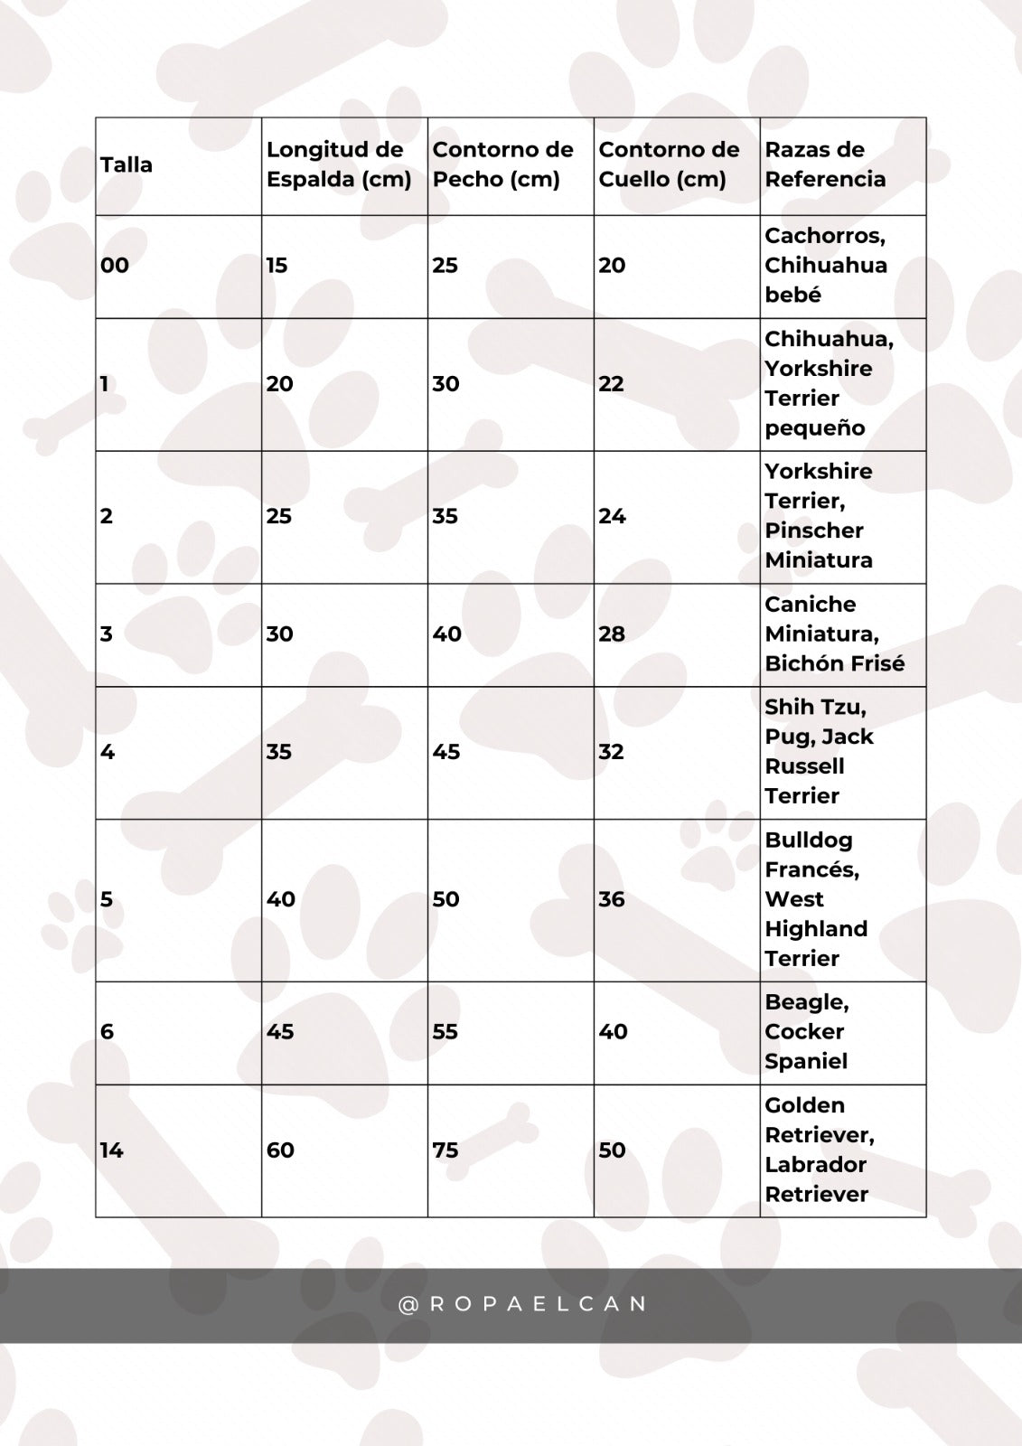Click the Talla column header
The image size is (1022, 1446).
click(x=127, y=165)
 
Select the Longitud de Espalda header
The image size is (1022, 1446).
click(x=339, y=164)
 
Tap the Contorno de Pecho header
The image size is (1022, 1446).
click(x=502, y=164)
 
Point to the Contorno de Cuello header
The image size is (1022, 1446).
click(x=669, y=164)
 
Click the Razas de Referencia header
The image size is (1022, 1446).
click(x=825, y=164)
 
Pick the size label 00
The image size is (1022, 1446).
click(x=115, y=266)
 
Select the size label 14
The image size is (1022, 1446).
click(x=112, y=1150)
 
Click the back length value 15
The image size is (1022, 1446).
click(x=277, y=266)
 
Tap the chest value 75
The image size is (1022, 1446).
click(x=445, y=1150)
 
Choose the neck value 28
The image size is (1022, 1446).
click(x=612, y=634)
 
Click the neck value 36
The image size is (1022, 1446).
click(x=612, y=899)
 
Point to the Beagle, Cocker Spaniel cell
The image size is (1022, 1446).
click(x=807, y=1032)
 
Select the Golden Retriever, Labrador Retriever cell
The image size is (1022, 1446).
click(x=819, y=1150)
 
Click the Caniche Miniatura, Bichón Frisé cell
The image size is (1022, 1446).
click(x=834, y=634)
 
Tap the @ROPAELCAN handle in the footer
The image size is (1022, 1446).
click(x=523, y=1304)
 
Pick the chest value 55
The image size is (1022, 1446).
click(x=445, y=1032)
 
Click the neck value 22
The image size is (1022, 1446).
click(x=612, y=384)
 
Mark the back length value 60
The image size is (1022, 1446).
click(x=280, y=1150)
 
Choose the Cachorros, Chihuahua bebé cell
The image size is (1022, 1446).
click(x=825, y=266)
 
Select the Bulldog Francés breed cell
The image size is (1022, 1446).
click(x=816, y=899)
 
